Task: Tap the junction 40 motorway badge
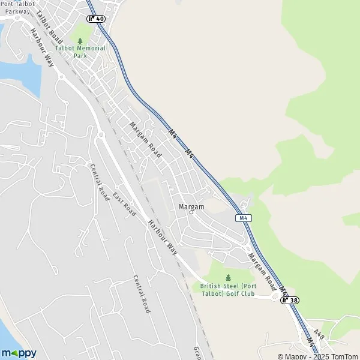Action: tap(96, 19)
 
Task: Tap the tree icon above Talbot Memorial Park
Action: tap(80, 41)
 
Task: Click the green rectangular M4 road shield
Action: tap(243, 218)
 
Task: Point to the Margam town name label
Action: tap(191, 206)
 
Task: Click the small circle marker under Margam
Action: tap(192, 212)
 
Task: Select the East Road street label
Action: tap(123, 205)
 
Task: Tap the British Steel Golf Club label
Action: tap(228, 290)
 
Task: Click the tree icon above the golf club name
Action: tap(228, 277)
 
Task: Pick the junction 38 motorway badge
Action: tap(289, 299)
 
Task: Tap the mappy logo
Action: tap(19, 353)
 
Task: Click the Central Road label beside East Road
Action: tap(98, 181)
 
